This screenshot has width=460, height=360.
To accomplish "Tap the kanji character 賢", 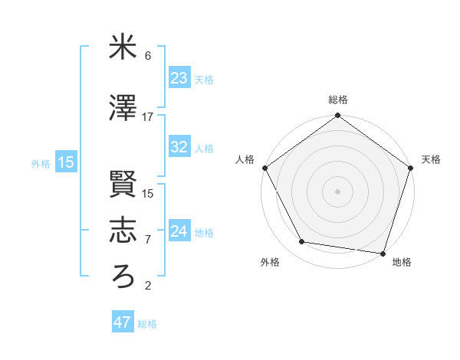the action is click(x=123, y=185).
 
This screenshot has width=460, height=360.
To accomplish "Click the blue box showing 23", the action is click(x=179, y=77).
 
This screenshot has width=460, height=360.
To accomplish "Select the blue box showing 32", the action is click(x=179, y=147).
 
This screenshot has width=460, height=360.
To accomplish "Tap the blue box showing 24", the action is click(x=179, y=231).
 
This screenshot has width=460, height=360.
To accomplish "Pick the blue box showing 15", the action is click(x=65, y=162).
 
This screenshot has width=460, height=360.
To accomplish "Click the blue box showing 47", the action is click(x=122, y=322).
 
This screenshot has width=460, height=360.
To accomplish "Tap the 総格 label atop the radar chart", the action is click(x=337, y=100).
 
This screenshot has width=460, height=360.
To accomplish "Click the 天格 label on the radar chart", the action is click(x=431, y=159).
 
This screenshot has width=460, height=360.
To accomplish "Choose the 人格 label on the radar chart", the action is click(x=245, y=159).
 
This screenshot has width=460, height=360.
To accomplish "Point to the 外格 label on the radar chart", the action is click(x=270, y=262).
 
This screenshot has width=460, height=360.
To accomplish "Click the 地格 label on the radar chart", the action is click(x=402, y=262).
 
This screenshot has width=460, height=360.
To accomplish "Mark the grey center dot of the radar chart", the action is click(x=337, y=191).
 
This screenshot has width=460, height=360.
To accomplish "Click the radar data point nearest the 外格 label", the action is click(x=302, y=242).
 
